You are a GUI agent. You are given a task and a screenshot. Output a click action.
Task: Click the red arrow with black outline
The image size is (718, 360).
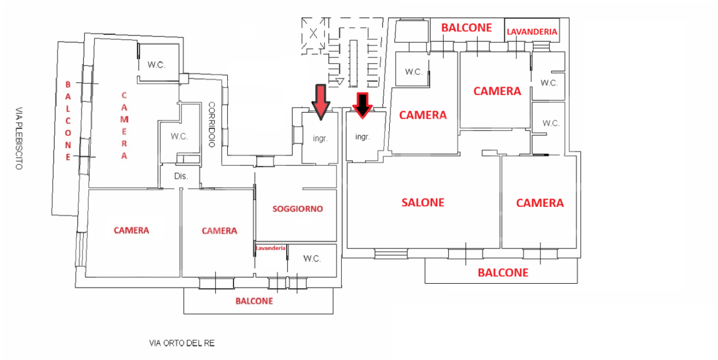pos(320,101)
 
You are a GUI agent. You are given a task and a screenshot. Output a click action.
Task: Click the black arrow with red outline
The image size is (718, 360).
pos(362,104)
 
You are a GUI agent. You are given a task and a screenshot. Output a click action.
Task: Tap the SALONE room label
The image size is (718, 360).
pos(422,202)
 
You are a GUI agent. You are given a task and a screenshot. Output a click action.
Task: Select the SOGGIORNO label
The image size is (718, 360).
pos(297,209)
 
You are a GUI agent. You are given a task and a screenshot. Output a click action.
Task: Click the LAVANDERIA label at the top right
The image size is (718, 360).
pos(532,32)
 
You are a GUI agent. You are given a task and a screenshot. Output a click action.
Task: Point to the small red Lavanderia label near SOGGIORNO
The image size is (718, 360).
pos(270,248)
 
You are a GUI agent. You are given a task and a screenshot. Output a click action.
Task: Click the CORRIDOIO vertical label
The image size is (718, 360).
pos(212,124)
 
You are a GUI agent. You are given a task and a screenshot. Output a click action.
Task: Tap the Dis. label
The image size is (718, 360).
pos(181,176)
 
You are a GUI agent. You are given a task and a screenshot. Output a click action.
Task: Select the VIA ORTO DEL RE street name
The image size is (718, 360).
pos(182,342)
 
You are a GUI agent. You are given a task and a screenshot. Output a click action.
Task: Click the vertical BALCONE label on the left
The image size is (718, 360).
pos(68,120)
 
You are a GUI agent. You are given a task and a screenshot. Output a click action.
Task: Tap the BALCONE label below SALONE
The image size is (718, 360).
pos(503,273)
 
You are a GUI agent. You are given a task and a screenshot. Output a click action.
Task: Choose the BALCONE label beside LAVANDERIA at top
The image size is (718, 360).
pos(466,27)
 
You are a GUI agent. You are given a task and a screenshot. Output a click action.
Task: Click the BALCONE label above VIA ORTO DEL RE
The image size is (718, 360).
pos(254,301)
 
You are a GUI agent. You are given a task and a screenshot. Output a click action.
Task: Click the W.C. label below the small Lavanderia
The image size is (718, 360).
pos(312,259)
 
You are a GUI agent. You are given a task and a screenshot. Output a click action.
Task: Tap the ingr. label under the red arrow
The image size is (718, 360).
pos(320,137)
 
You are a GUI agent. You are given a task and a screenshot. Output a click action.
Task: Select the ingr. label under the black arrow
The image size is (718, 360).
pos(362,136)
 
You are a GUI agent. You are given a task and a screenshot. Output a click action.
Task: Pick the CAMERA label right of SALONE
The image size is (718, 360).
pos(540,203)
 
